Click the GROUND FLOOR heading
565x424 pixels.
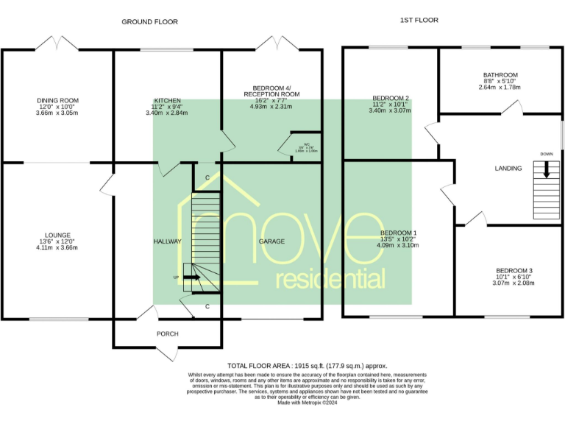click(149, 22)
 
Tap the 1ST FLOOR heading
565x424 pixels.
click(419, 21)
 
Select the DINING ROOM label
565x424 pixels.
click(57, 100)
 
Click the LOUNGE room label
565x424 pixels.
click(57, 236)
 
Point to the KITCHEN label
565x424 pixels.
click(167, 100)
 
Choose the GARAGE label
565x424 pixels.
click(271, 241)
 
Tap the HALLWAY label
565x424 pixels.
click(167, 241)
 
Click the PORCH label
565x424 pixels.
click(167, 333)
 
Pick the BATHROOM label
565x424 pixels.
click(500, 75)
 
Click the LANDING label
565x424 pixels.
click(508, 169)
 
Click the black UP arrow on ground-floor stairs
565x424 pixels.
click(191, 278)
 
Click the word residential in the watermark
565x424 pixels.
click(330, 280)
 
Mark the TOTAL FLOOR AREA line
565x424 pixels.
click(307, 365)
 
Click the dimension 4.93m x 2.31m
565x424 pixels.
click(271, 107)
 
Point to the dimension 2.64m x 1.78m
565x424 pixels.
click(500, 88)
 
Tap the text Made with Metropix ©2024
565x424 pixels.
click(307, 403)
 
